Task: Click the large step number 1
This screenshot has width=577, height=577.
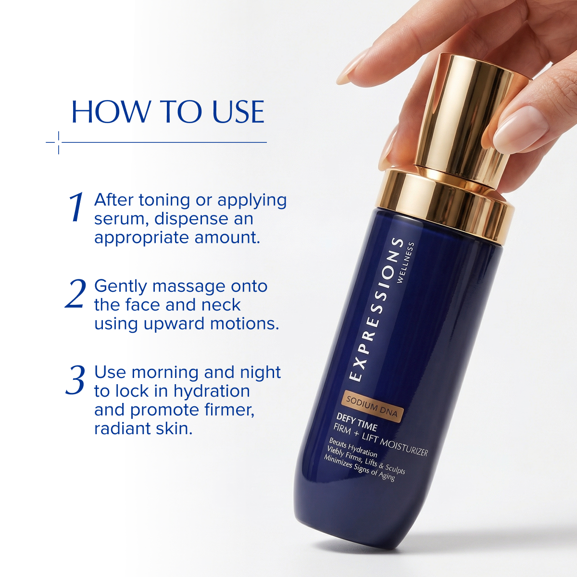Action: pos(76,208)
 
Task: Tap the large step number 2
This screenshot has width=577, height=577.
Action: pos(75,294)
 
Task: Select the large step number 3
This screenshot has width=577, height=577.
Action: pos(75,380)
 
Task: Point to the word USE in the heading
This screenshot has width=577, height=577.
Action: pos(238,112)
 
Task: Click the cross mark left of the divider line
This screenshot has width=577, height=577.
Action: pos(58,142)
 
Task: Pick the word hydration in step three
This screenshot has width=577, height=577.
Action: pos(212,391)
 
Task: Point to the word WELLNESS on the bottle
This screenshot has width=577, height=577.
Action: pos(405,263)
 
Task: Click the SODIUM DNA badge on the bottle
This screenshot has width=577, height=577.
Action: pos(372,407)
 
